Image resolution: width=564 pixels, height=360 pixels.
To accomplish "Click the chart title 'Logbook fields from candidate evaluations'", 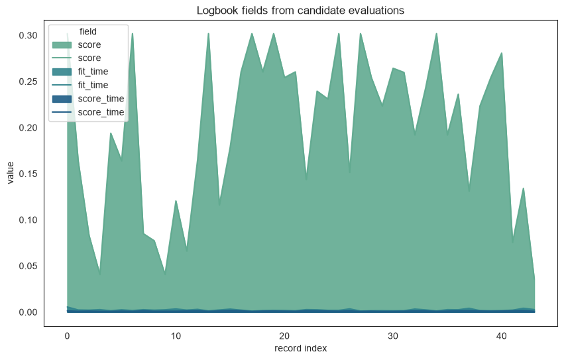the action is [x=300, y=11].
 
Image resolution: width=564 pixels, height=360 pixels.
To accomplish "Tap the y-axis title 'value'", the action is [x=10, y=173].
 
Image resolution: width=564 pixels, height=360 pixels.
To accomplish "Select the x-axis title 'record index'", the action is [x=300, y=349].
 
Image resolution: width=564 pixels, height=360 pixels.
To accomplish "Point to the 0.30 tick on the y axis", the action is [x=28, y=35].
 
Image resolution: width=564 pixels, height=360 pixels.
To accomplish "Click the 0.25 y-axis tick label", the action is [x=28, y=82].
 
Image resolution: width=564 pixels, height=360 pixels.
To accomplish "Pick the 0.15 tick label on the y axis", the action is [x=28, y=174].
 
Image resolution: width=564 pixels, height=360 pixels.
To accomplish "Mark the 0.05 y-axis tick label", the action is [x=28, y=266].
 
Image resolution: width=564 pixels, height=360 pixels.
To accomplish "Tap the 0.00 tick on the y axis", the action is [x=28, y=312].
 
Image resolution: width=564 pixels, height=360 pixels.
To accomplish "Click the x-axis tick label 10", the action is [x=176, y=336].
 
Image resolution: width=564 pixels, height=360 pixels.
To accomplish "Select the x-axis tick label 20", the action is [x=284, y=336].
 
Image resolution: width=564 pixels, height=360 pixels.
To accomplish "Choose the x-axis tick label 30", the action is [x=393, y=336].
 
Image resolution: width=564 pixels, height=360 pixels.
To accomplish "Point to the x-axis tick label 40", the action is [x=502, y=336].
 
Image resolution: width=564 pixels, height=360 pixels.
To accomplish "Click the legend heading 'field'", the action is [x=88, y=31].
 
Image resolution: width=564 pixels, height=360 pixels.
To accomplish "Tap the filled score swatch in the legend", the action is [x=62, y=44].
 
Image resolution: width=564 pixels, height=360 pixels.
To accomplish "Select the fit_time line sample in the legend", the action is [x=62, y=85].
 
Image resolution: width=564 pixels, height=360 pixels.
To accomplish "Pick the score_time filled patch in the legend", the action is [x=62, y=99].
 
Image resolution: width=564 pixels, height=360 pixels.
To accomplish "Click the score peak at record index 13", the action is [x=208, y=33].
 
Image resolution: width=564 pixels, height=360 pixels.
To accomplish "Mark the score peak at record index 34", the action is [x=436, y=33].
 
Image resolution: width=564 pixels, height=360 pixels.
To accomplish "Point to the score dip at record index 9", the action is [x=165, y=274].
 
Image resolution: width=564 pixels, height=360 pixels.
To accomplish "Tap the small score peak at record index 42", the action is [x=524, y=188].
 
